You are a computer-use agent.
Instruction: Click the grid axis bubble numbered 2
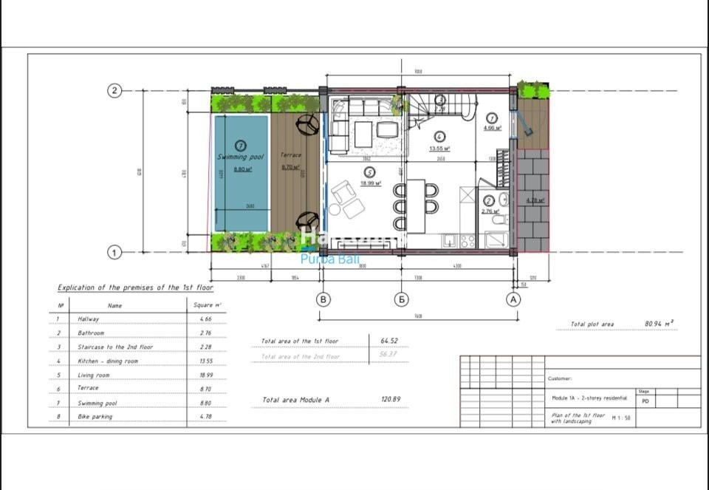tap(114, 91)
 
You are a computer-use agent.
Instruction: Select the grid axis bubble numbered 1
tap(114, 253)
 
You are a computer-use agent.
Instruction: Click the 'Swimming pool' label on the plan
tap(241, 157)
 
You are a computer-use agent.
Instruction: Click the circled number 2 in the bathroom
tap(488, 200)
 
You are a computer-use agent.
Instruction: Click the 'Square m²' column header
tap(207, 304)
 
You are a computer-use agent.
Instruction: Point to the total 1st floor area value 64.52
tap(389, 341)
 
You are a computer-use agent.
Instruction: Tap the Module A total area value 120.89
tap(391, 399)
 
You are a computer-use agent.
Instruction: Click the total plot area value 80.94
tap(659, 324)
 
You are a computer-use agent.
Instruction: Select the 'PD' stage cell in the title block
tap(644, 401)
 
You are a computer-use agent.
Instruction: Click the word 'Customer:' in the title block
tap(560, 378)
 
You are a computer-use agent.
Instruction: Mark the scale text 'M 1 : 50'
tap(621, 418)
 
